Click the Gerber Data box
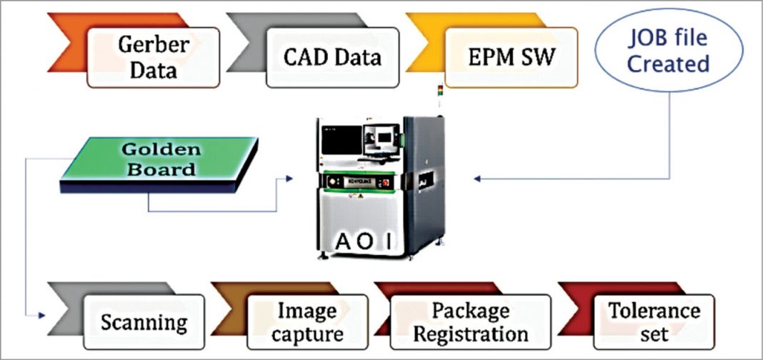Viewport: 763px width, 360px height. pyautogui.click(x=153, y=57)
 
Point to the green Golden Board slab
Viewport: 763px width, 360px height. pyautogui.click(x=159, y=161)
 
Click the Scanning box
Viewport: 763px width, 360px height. pyautogui.click(x=144, y=321)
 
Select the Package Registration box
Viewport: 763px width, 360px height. pyautogui.click(x=471, y=321)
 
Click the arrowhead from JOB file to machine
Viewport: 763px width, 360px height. pyautogui.click(x=477, y=179)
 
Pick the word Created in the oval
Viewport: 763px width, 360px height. pyautogui.click(x=668, y=64)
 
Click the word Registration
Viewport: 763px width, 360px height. pyautogui.click(x=471, y=334)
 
